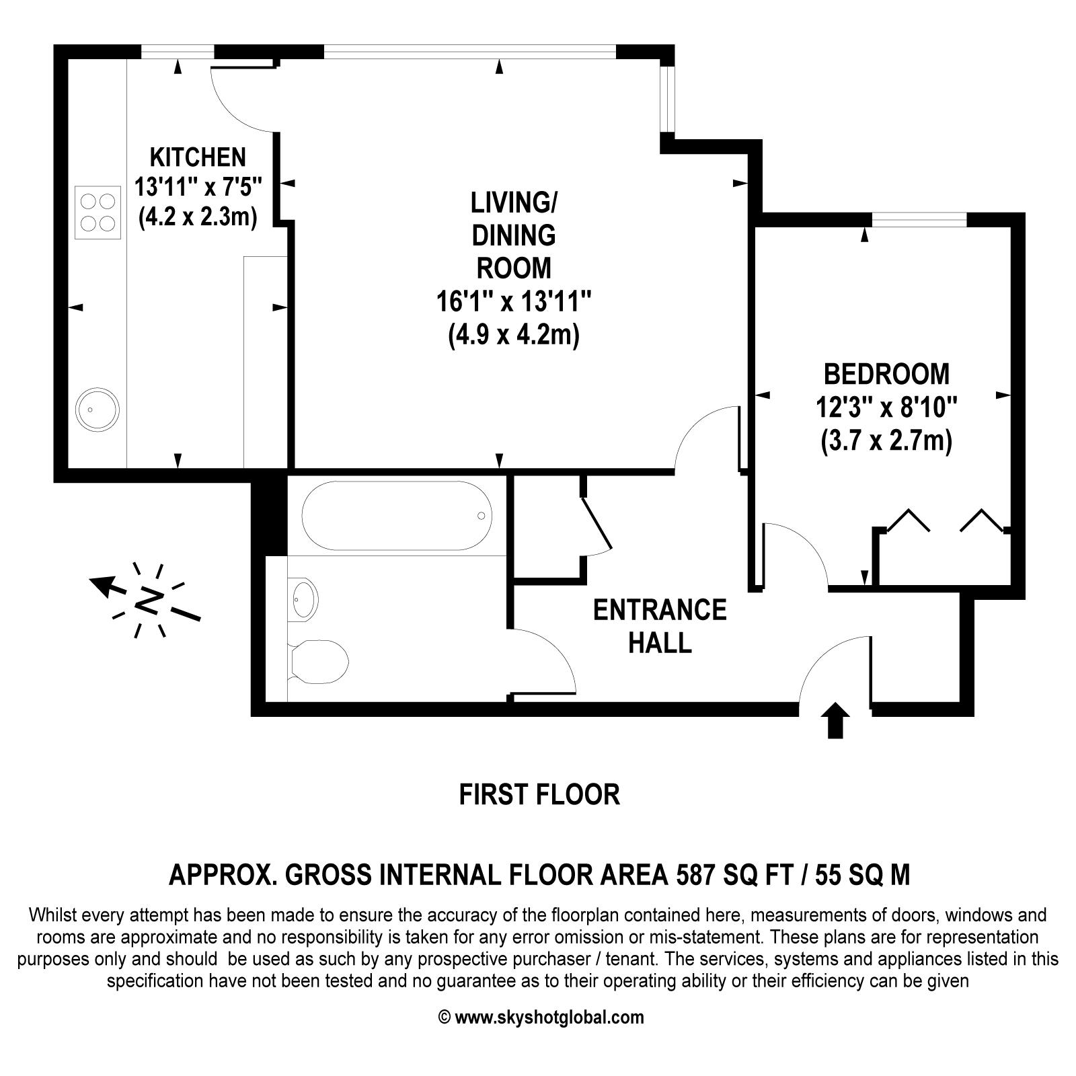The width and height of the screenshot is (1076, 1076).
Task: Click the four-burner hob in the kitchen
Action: (98, 212)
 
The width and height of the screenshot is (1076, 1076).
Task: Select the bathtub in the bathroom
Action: (397, 516)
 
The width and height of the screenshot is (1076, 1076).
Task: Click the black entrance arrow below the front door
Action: (835, 721)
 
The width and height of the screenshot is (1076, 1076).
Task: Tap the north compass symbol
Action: (148, 599)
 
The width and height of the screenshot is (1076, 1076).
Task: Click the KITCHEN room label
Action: (197, 157)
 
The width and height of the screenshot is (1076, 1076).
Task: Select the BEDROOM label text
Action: (886, 374)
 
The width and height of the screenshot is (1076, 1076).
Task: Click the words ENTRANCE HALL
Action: (659, 626)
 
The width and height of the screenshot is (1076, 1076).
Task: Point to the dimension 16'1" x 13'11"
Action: (514, 301)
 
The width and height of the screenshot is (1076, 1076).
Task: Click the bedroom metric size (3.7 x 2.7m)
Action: (886, 442)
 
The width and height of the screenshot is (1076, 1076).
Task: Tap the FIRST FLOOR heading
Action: (539, 794)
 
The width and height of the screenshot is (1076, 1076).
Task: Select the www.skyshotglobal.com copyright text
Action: (541, 1017)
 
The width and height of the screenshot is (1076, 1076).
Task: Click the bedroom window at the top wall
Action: (919, 219)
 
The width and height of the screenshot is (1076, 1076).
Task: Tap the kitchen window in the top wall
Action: (178, 52)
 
